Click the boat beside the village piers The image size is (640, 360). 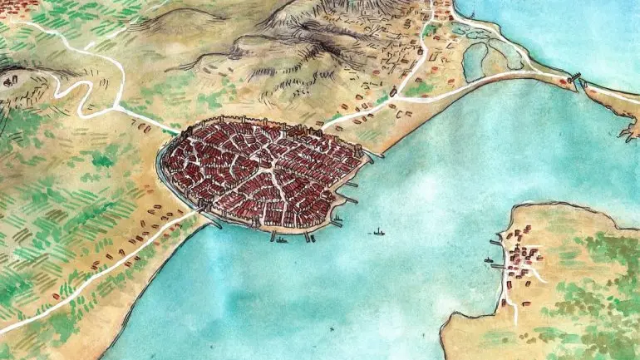(x=488, y=259)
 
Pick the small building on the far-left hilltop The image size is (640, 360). (x=11, y=81)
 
